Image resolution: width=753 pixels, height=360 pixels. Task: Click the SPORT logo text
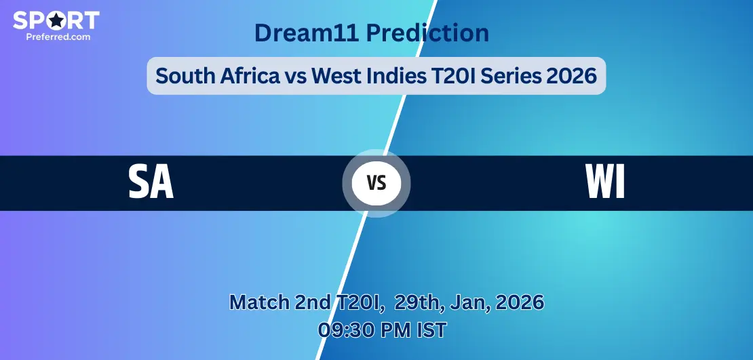click(56, 20)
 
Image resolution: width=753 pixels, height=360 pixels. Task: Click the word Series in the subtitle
click(509, 75)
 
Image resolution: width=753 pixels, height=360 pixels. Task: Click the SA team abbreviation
click(151, 182)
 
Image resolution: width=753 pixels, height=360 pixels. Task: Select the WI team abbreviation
click(605, 182)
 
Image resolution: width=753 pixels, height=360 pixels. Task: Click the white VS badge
click(376, 183)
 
